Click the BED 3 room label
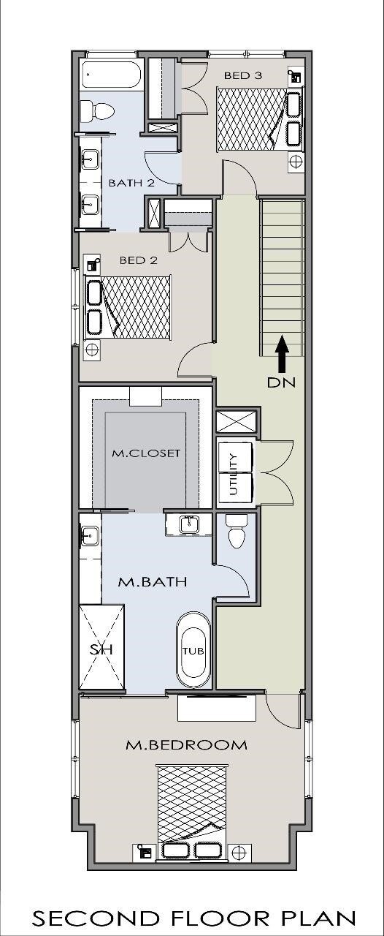pyautogui.click(x=243, y=75)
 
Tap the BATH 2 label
pyautogui.click(x=131, y=183)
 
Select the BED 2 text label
pyautogui.click(x=139, y=260)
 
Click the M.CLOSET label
pyautogui.click(x=146, y=453)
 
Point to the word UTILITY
pyautogui.click(x=234, y=474)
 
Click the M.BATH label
pyautogui.click(x=153, y=582)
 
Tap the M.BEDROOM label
pyautogui.click(x=187, y=745)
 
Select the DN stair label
pyautogui.click(x=281, y=382)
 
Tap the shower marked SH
pyautogui.click(x=101, y=647)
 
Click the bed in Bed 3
pyautogui.click(x=252, y=119)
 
